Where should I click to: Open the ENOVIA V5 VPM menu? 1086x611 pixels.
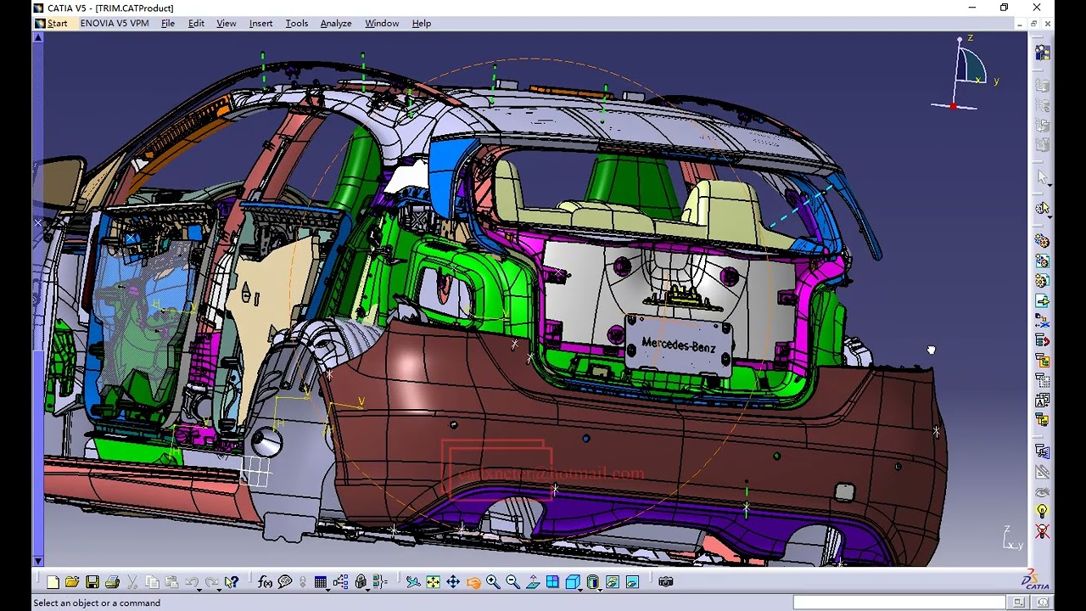114,24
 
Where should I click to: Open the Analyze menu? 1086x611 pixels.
335,24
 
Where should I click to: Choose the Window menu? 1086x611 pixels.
382,24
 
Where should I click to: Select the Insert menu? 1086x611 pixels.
260,24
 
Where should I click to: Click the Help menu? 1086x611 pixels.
422,24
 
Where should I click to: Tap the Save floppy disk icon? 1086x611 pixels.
92,582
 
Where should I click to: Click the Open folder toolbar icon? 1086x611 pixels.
72,582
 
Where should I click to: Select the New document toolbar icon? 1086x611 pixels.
53,582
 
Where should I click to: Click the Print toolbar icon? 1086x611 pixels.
112,582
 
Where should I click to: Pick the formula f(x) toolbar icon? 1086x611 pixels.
265,582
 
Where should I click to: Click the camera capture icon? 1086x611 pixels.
666,582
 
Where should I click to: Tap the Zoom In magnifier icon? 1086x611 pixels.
493,582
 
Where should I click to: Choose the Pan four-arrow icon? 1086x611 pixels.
453,582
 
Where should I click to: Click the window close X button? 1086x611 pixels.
1037,8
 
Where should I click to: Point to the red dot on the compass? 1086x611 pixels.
953,106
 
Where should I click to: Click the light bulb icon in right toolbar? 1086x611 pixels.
1043,511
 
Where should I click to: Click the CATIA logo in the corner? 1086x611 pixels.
1036,580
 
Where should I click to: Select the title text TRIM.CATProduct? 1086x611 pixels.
136,8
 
